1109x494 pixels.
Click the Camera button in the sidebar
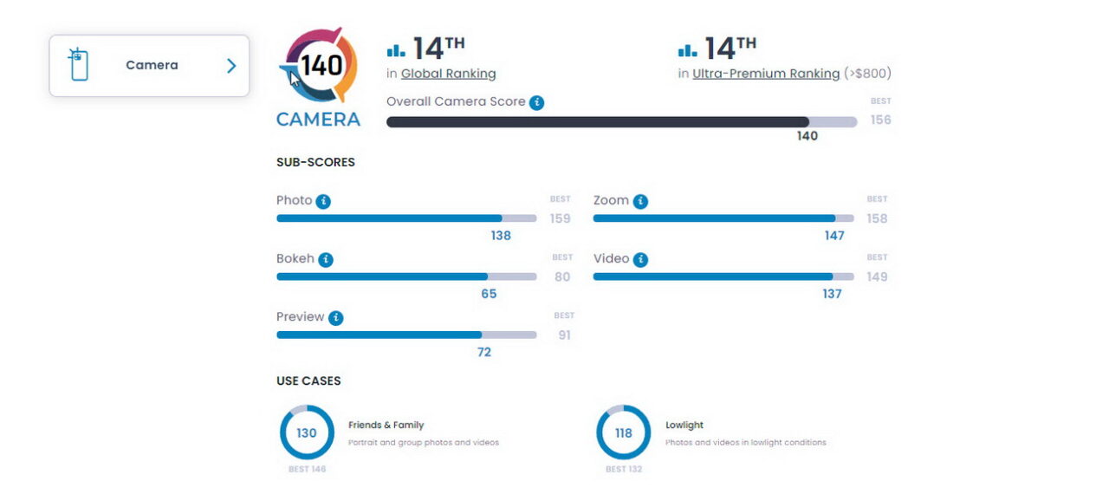click(149, 66)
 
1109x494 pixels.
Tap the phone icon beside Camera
click(79, 65)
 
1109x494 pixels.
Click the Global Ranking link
click(448, 74)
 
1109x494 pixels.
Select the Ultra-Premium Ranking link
click(766, 74)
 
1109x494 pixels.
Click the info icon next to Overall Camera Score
click(537, 102)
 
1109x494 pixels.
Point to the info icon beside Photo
click(323, 201)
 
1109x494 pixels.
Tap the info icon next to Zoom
click(640, 201)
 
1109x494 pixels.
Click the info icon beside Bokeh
click(326, 259)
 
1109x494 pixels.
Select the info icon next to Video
click(641, 259)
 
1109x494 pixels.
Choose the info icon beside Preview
click(336, 317)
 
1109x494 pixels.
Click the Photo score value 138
click(501, 236)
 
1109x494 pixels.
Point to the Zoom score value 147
click(834, 236)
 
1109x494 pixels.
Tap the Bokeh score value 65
click(489, 294)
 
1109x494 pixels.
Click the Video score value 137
click(832, 294)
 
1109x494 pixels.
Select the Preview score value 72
click(484, 352)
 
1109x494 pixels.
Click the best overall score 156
click(880, 120)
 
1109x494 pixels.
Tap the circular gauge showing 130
click(307, 432)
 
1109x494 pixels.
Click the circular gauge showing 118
click(624, 432)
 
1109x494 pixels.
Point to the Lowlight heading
click(684, 426)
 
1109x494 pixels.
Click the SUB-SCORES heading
click(315, 162)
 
